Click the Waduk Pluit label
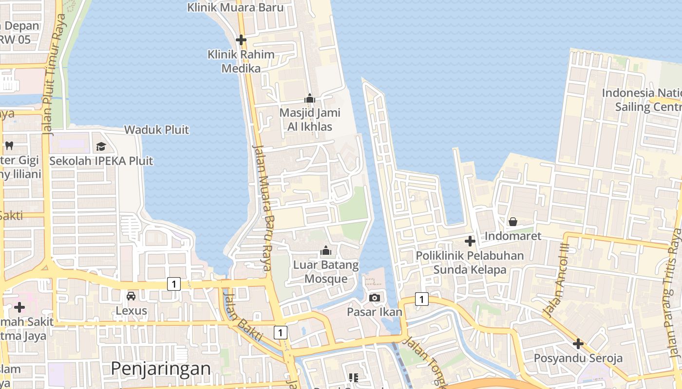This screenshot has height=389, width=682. tap(157, 130)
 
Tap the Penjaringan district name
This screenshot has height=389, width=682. tap(161, 369)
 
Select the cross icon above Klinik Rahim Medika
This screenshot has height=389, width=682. tap(241, 40)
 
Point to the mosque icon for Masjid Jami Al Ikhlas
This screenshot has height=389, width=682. tap(309, 99)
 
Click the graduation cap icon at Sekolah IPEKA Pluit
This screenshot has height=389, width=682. tap(101, 146)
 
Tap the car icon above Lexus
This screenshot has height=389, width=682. tap(131, 296)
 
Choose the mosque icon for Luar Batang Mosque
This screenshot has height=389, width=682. tap(325, 251)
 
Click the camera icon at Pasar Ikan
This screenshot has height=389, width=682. tap(374, 298)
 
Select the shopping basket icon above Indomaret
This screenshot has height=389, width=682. tap(513, 222)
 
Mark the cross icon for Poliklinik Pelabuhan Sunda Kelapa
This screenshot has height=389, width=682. tap(470, 241)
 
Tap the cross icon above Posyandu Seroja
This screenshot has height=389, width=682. tap(578, 344)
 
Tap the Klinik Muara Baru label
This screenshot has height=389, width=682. tap(235, 7)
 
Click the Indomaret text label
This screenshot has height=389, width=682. tap(513, 236)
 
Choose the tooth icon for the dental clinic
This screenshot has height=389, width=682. tap(9, 145)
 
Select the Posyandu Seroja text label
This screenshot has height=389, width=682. tap(578, 358)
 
